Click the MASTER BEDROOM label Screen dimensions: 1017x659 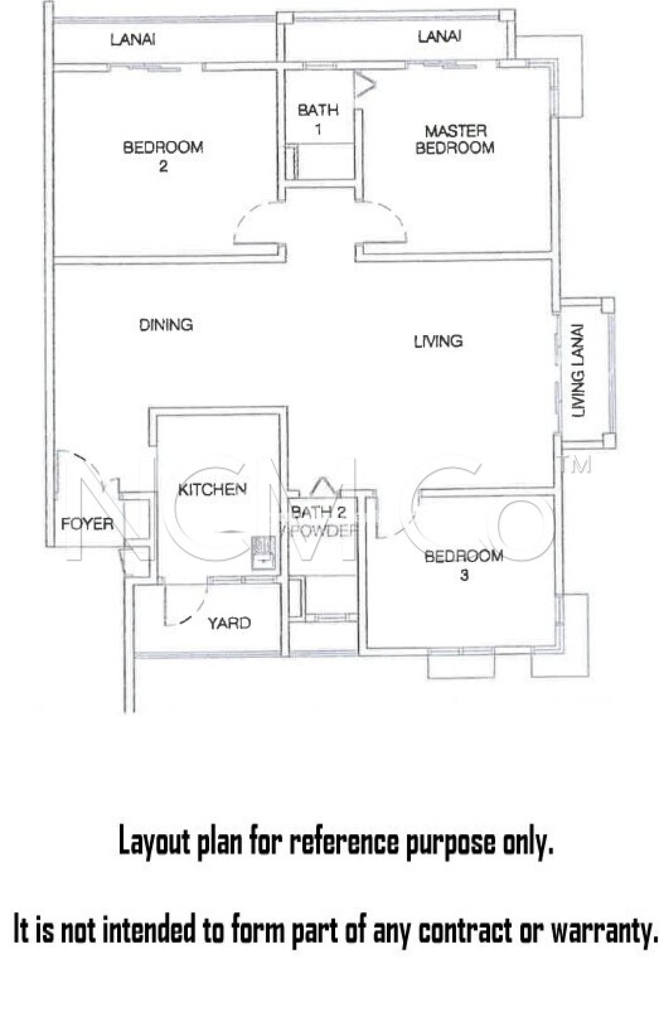(455, 140)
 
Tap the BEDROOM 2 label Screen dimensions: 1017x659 (163, 155)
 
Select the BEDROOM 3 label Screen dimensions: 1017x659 (463, 565)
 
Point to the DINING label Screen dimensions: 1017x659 (166, 325)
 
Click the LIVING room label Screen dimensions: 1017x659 (438, 341)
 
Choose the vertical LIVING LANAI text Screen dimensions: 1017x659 (578, 371)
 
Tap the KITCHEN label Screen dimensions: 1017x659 (212, 490)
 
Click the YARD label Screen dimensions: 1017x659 (229, 623)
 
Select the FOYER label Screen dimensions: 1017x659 (87, 523)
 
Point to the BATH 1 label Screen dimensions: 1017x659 (318, 119)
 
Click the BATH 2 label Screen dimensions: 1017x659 (318, 512)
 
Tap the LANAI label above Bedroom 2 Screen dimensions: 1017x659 (133, 40)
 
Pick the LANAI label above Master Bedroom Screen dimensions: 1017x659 (439, 37)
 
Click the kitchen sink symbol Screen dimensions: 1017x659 (263, 552)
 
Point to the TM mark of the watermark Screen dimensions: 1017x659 (580, 465)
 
